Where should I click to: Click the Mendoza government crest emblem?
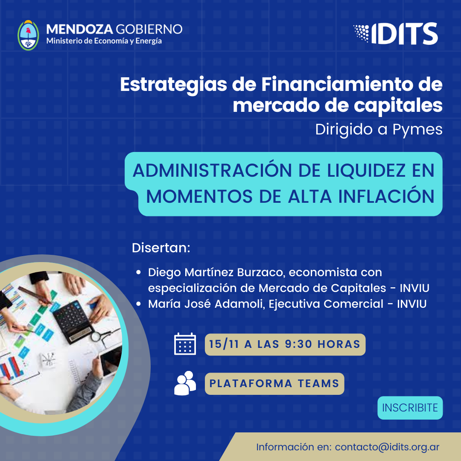[28, 35]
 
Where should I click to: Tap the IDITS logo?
[396, 34]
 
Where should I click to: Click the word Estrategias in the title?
[173, 85]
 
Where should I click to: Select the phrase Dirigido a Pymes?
[379, 129]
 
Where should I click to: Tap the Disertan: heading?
[161, 248]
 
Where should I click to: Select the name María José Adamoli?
[207, 304]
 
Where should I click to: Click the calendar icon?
[185, 344]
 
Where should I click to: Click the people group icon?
[185, 383]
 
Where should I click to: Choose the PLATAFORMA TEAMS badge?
[274, 384]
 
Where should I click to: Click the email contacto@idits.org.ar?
[387, 447]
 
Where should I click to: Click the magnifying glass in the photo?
[99, 336]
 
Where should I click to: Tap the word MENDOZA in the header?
[79, 29]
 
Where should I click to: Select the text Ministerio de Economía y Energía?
[104, 41]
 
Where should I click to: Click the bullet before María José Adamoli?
[138, 304]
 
